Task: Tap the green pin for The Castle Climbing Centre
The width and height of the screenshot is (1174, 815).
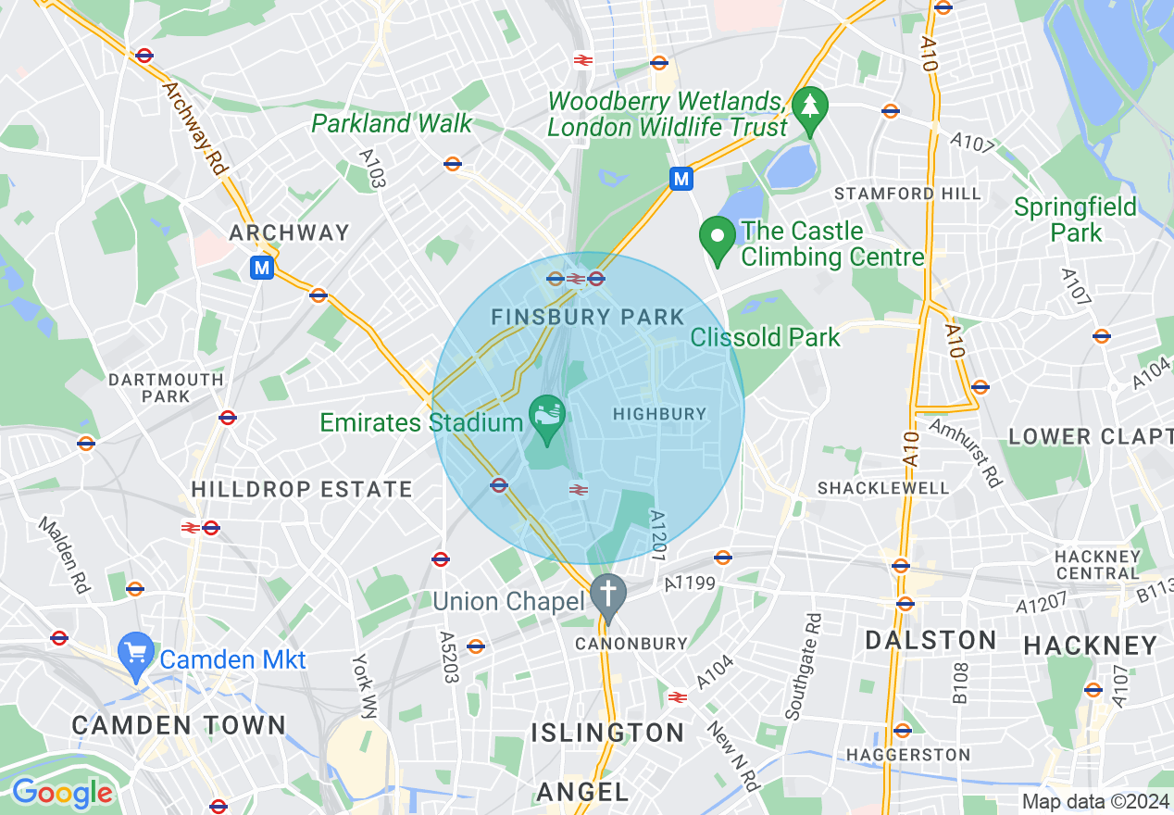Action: pos(717,237)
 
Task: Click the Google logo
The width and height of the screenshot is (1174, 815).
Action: pos(62,793)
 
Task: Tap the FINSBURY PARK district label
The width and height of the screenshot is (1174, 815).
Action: pos(587,317)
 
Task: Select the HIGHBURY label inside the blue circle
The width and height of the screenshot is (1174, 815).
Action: pos(659,414)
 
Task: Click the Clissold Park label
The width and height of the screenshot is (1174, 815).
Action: pos(765,337)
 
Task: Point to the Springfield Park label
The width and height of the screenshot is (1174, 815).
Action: pos(1075,219)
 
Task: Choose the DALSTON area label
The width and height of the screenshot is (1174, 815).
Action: pos(930,640)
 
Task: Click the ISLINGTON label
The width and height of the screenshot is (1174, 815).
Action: pos(607,733)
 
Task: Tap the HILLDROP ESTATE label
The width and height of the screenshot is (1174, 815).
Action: pos(301,488)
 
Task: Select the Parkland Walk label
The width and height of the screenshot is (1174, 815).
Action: pos(392,123)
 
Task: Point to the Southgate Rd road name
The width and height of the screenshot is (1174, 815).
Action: pos(803,666)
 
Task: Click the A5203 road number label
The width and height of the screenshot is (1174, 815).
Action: pos(448,658)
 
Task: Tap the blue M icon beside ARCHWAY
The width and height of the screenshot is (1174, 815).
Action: pos(262,268)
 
